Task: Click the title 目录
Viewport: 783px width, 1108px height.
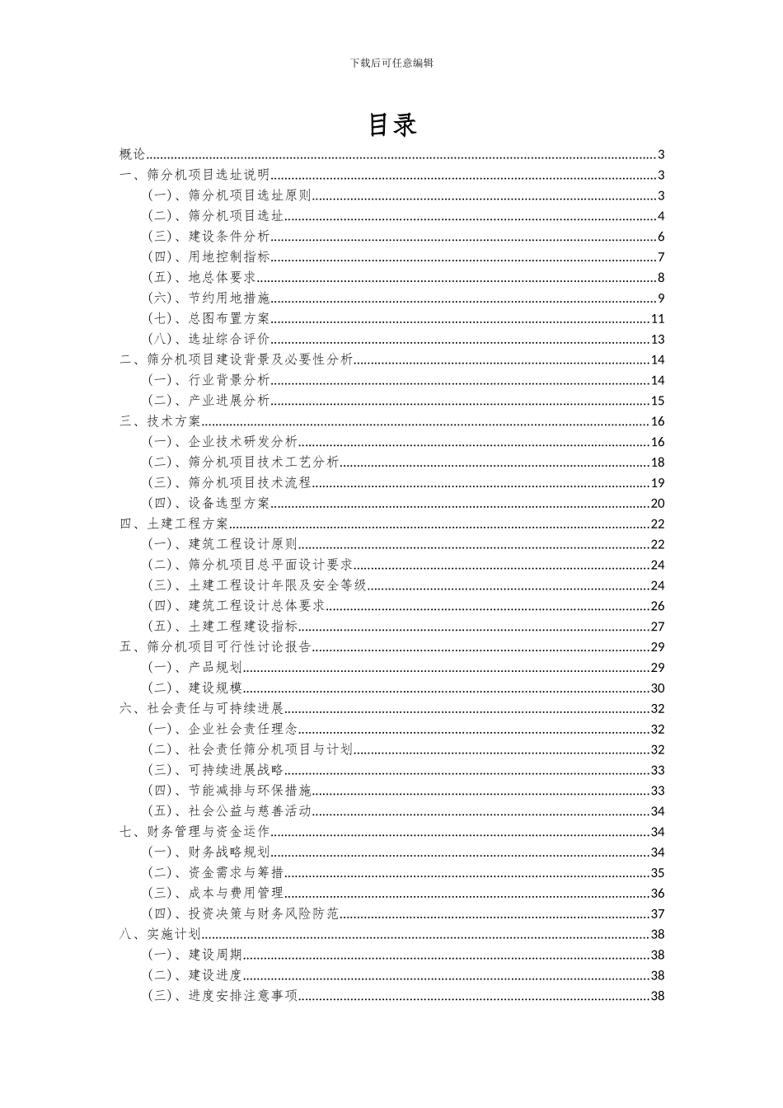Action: click(x=392, y=124)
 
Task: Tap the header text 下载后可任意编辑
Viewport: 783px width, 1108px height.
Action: click(x=391, y=63)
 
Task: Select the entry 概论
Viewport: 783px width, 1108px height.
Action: click(x=132, y=154)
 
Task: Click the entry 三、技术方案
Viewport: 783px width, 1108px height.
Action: click(x=160, y=421)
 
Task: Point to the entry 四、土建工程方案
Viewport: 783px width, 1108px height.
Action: click(x=174, y=523)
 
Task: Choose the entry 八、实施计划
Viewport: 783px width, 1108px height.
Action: click(x=160, y=934)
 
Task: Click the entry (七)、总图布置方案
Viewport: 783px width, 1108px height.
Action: click(x=209, y=319)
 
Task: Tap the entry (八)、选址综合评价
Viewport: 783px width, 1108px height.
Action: click(x=209, y=339)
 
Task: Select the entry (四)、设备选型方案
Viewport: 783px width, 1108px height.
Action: click(x=209, y=503)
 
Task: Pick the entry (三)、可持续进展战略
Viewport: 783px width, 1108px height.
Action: click(x=215, y=770)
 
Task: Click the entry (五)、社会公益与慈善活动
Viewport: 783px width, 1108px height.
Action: click(x=229, y=811)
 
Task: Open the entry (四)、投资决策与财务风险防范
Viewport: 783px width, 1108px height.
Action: click(x=243, y=913)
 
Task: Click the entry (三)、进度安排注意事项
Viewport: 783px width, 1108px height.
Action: click(x=223, y=996)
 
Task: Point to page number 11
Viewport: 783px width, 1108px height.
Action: click(x=658, y=319)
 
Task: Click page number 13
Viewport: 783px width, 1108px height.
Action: click(x=658, y=339)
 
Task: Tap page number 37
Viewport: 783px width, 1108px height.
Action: click(x=658, y=913)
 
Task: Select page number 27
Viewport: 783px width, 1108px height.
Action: click(x=658, y=627)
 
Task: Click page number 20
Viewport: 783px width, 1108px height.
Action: click(x=658, y=503)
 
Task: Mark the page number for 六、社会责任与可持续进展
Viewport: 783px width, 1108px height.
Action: click(x=658, y=708)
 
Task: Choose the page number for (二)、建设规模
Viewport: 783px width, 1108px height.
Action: click(x=658, y=688)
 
